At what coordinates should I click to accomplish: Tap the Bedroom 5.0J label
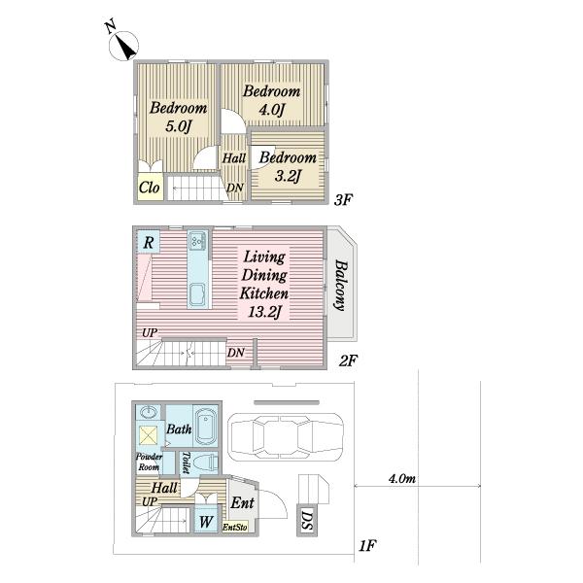click(178, 118)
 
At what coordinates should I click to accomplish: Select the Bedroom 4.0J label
click(271, 100)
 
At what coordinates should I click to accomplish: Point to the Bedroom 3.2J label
click(288, 166)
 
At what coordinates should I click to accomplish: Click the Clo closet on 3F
click(150, 187)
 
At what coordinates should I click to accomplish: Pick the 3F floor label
click(342, 200)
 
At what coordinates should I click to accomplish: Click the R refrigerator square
click(149, 242)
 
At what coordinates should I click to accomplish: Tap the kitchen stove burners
click(197, 241)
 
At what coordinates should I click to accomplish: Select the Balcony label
click(341, 285)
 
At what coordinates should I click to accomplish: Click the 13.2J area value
click(264, 312)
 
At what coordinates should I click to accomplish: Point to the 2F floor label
click(348, 360)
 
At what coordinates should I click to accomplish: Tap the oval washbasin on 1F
click(150, 412)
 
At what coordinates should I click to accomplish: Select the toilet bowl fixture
click(209, 463)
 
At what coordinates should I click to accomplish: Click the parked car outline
click(286, 436)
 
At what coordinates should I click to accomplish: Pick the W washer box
click(206, 521)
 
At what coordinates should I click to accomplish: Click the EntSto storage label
click(235, 527)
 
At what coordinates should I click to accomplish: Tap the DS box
click(307, 520)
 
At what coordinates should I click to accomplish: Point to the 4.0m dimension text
click(402, 478)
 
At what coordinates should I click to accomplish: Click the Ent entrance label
click(242, 502)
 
